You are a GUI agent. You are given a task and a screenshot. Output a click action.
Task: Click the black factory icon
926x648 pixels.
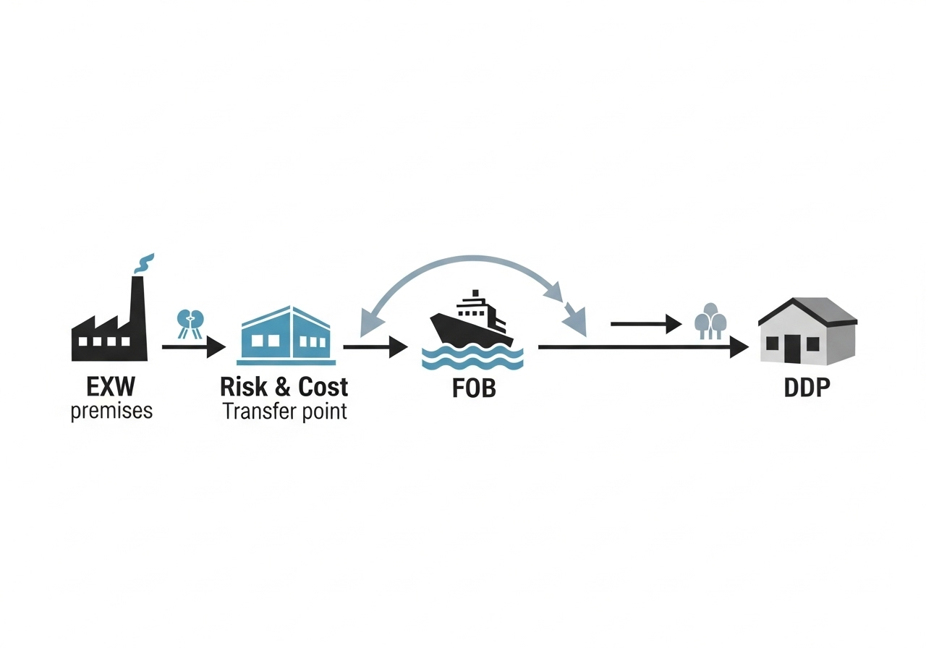point(109,333)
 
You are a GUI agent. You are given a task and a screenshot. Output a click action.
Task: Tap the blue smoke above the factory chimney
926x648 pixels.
point(145,263)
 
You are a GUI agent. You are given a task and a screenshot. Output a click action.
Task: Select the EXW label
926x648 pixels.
point(110,388)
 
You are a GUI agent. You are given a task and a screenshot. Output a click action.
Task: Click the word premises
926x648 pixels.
point(111,412)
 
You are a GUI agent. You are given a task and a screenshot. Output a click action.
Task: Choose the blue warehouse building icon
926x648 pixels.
point(286,334)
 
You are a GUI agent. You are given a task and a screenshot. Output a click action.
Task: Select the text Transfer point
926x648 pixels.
point(284,412)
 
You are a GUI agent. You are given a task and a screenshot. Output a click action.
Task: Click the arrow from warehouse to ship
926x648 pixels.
point(375,347)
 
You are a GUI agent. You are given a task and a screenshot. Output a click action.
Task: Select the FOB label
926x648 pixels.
point(474,388)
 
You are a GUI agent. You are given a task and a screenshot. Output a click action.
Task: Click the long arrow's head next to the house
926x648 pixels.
point(738,347)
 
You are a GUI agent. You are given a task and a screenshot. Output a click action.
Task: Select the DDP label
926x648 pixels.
point(807,388)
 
